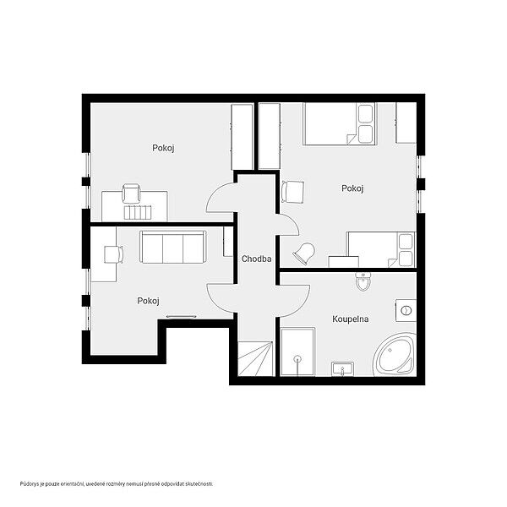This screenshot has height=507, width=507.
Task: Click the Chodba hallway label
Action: point(256,259)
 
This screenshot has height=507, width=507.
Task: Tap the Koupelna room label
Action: point(350,319)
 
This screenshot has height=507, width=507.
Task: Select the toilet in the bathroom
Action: point(363,281)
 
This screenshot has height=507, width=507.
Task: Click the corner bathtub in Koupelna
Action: point(395,355)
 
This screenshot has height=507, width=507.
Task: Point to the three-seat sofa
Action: point(173,247)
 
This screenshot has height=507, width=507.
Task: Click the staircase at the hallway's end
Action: point(255,358)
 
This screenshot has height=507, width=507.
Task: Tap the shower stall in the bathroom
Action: point(297,352)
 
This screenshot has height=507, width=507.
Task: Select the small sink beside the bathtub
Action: point(342,369)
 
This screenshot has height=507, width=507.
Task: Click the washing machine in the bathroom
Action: point(406,311)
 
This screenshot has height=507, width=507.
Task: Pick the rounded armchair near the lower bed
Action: point(304,253)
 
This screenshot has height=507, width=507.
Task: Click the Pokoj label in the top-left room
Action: point(163,148)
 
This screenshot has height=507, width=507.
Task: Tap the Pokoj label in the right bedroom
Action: point(352,188)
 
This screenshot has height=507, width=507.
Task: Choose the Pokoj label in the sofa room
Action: point(148,301)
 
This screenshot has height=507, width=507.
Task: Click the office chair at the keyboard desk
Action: point(131,194)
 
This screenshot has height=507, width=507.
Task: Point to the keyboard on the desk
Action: point(138,212)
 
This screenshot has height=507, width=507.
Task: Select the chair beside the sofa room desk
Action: point(114,254)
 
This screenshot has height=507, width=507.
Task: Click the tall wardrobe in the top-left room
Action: point(243,137)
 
